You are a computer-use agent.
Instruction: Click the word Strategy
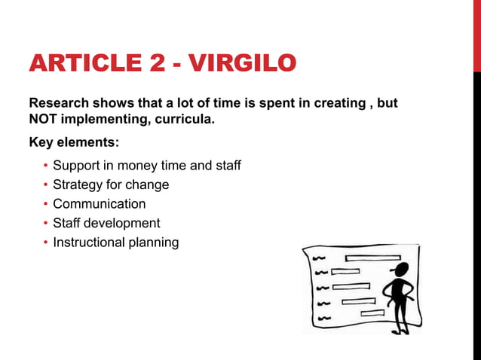78,185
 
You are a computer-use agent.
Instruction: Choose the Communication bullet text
99,204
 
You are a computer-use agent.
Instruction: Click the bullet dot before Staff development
45,223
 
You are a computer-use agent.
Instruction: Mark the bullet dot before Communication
45,204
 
